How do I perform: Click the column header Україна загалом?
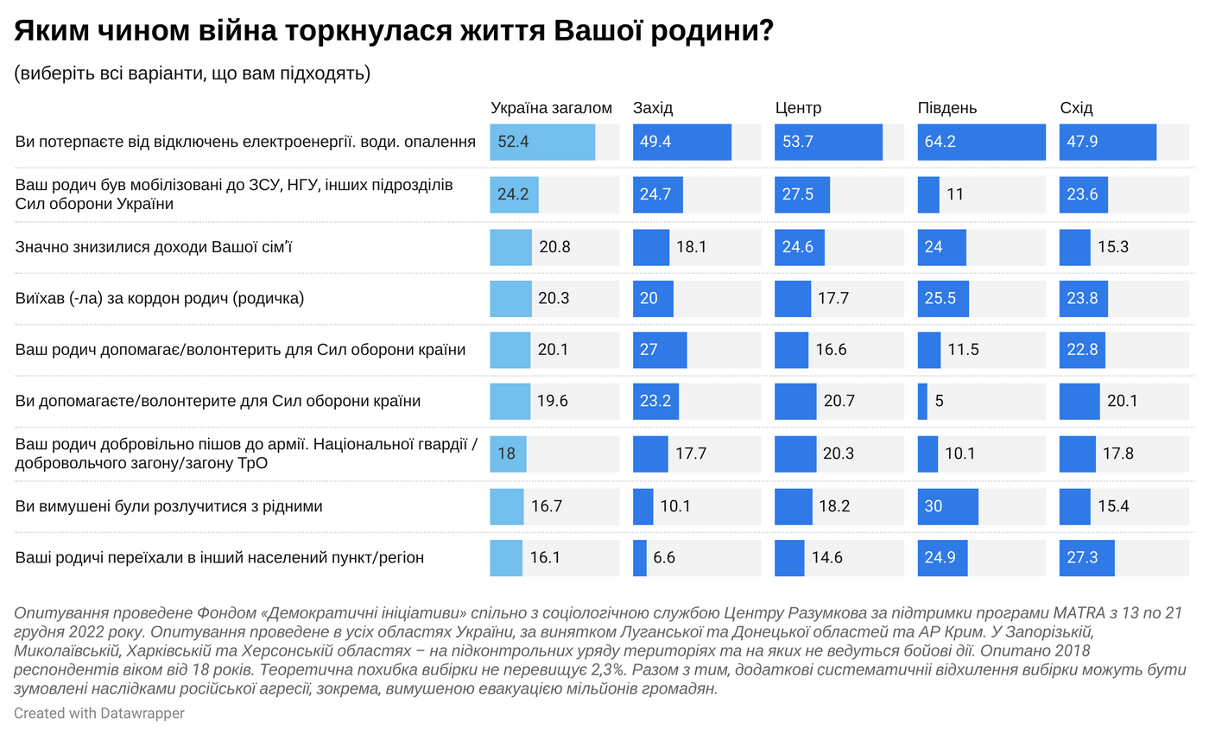[551, 108]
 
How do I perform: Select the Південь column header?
[946, 108]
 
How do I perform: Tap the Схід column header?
[1076, 108]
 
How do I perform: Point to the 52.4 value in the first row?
[512, 143]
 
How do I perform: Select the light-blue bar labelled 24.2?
[514, 194]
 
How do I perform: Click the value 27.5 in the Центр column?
[798, 194]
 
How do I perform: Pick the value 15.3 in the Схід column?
[1114, 246]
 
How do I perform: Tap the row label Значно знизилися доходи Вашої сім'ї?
[155, 247]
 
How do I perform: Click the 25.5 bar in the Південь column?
[943, 298]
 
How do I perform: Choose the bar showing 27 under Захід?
[660, 350]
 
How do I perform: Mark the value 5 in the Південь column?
[939, 402]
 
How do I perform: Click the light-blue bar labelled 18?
[508, 454]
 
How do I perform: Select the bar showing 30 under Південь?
[947, 506]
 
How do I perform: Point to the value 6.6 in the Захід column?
[664, 558]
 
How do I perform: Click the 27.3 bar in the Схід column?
[1086, 558]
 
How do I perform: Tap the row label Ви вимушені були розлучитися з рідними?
[168, 506]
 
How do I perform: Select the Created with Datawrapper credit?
[98, 714]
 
